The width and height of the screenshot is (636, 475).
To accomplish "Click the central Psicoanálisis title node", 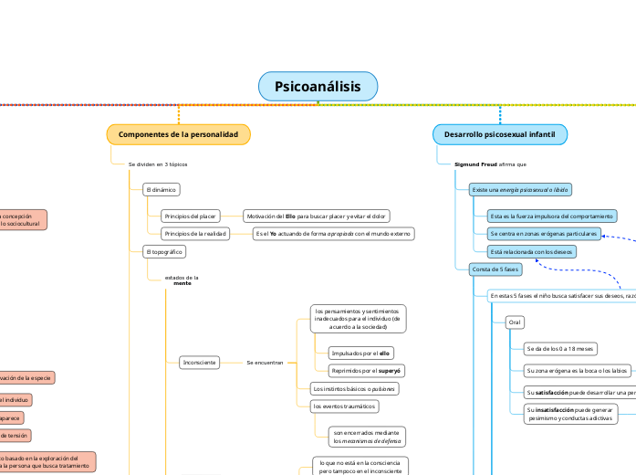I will [x=318, y=87].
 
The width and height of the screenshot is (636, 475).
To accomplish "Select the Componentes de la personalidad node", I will [x=178, y=134].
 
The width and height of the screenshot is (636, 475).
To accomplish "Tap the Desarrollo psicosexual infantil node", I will [x=500, y=134].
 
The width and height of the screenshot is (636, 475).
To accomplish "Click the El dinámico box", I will [x=161, y=190].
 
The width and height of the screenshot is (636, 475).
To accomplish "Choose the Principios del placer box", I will [x=190, y=216].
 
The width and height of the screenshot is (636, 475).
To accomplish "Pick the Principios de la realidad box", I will [x=194, y=234].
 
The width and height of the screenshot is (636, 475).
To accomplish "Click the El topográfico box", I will [x=163, y=250].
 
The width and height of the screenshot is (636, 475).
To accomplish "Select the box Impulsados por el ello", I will [x=358, y=353].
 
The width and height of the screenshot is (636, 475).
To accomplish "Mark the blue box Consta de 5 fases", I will [x=494, y=269].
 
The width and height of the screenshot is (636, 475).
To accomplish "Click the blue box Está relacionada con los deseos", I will [x=530, y=251].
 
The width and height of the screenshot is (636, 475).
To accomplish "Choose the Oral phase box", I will [x=515, y=322].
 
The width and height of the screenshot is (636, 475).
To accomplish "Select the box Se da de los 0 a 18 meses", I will [x=560, y=348].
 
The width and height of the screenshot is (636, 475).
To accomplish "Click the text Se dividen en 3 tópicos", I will [x=158, y=164].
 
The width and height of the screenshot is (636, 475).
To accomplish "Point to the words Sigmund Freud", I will [x=475, y=164].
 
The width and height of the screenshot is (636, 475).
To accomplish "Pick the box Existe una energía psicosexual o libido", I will [x=519, y=189].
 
